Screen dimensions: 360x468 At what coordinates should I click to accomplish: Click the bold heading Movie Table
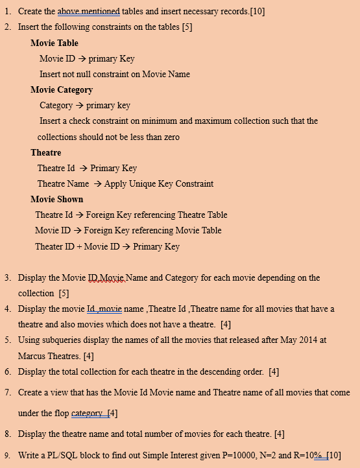[54, 43]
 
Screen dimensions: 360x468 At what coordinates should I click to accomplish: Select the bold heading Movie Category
[62, 89]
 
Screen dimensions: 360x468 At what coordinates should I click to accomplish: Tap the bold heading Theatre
[45, 152]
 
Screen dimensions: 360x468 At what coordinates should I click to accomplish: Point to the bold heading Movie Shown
[56, 199]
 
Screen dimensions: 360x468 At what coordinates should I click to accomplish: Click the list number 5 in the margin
[7, 340]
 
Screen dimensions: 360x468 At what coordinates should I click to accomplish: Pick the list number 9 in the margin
[7, 455]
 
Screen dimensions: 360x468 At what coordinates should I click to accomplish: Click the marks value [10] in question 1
[257, 12]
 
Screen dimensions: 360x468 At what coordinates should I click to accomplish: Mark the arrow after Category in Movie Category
[79, 106]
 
